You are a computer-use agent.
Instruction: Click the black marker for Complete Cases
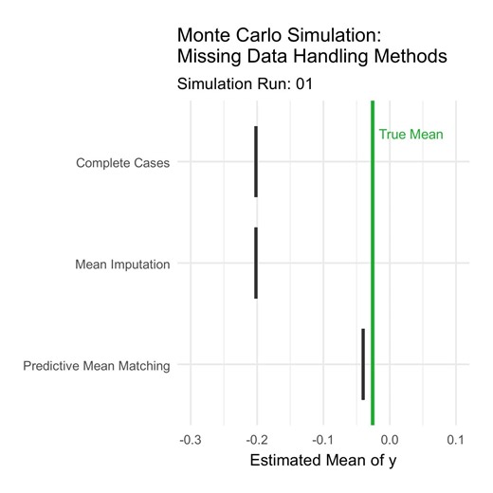pos(256,161)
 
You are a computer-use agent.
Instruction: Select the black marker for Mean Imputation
pos(256,263)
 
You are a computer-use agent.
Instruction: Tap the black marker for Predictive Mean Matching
pos(363,364)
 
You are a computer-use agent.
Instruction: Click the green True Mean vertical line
pos(373,284)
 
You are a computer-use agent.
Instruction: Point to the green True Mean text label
pos(411,135)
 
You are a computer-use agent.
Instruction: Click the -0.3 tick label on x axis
pos(190,440)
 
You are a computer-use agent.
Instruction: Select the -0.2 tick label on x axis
pos(256,440)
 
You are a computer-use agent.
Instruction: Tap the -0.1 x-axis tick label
pos(322,440)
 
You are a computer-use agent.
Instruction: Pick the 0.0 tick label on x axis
pos(389,440)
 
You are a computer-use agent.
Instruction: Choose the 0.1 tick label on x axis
pos(455,440)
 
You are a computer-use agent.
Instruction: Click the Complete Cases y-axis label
pos(123,163)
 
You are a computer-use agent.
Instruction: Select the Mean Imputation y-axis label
pos(122,265)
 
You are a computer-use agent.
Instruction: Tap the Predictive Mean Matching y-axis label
pos(97,366)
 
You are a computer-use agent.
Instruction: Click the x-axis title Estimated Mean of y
pos(322,462)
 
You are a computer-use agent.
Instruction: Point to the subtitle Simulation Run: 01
pos(245,84)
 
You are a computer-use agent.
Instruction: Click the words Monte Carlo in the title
pos(226,34)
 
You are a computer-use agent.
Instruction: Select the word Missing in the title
pos(209,58)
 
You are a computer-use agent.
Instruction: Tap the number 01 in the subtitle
pos(302,84)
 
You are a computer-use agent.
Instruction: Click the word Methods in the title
pos(413,58)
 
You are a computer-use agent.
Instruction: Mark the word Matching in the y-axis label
pos(144,366)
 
